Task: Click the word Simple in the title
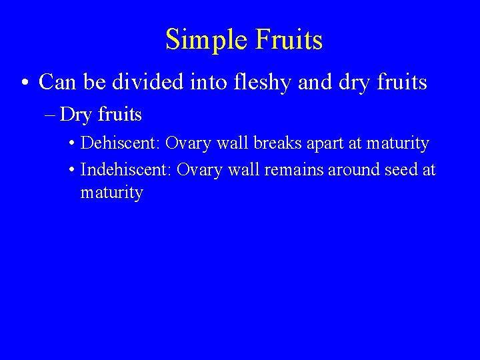tap(203, 40)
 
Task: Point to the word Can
tap(56, 82)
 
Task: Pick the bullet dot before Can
tap(25, 83)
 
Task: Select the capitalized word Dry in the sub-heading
tap(75, 115)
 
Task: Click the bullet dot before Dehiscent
tap(72, 144)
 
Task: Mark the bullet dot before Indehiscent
tap(72, 171)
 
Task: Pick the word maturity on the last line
tap(111, 193)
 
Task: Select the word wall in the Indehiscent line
tap(244, 170)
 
